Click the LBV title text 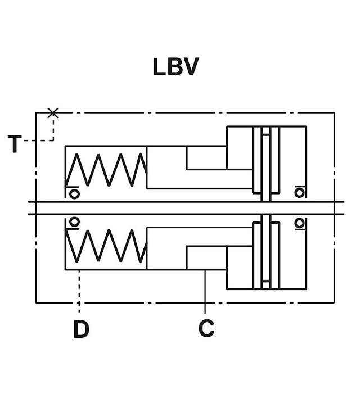pos(175,67)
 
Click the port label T pos(15,144)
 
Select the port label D pos(82,329)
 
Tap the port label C pos(206,328)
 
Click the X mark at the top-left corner pos(53,112)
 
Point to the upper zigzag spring pos(106,170)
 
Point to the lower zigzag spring pos(106,246)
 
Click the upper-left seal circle pos(74,194)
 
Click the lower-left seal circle pos(74,222)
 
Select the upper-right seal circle pos(299,193)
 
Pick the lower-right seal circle pos(299,223)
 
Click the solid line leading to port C pos(205,291)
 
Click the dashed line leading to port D pos(79,291)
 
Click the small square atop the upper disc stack pos(266,131)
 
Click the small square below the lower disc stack pos(266,285)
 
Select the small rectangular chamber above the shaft pos(206,157)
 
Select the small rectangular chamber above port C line pos(206,257)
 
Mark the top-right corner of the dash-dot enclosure pos(334,112)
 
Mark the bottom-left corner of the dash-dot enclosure pos(36,302)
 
